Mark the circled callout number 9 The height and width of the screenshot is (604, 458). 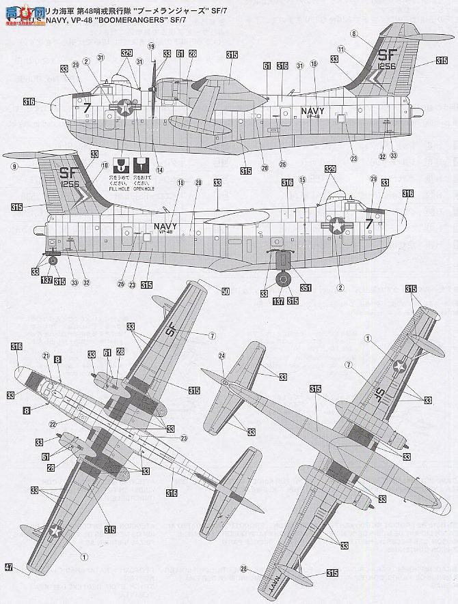tap(15, 165)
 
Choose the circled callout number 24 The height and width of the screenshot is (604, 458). tap(221, 355)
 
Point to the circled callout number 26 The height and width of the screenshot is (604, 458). tap(121, 285)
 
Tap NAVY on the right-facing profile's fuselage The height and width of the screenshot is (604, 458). tap(166, 226)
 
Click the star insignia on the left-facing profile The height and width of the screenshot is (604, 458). tap(124, 106)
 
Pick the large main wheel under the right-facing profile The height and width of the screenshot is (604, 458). tap(283, 281)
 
